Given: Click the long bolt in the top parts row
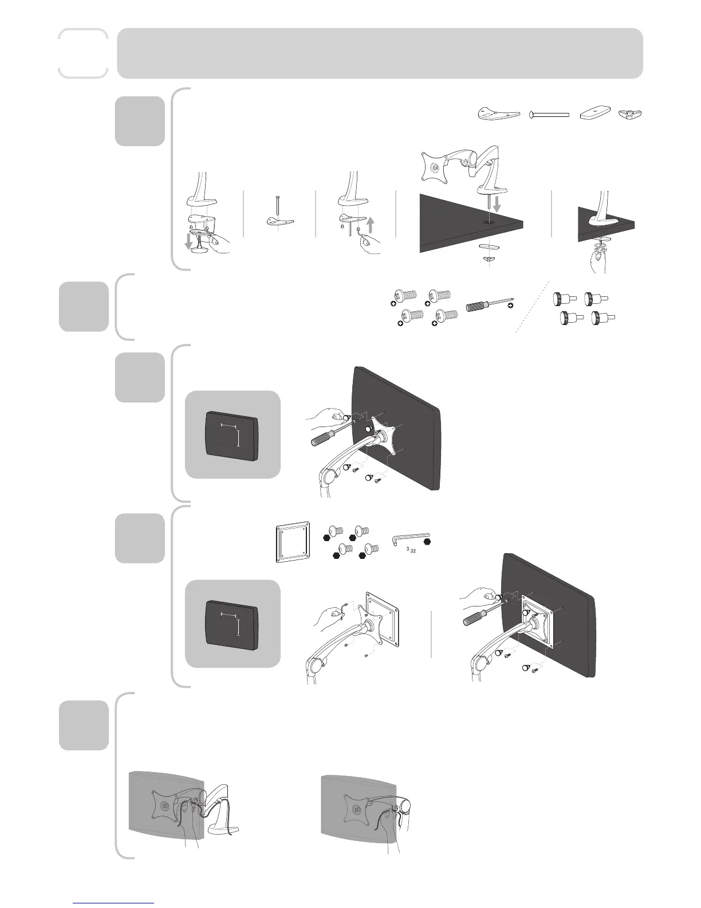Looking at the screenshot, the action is (x=550, y=115).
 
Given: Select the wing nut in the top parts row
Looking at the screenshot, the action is (x=631, y=115).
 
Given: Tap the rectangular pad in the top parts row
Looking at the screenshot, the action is (x=594, y=115).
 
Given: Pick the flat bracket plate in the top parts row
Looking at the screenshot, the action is (x=498, y=114).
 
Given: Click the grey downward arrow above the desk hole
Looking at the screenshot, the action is (x=497, y=202).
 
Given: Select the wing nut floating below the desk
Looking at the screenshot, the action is (x=487, y=260).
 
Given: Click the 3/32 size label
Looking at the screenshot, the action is (x=409, y=551).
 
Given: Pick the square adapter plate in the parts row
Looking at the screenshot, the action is (x=293, y=542).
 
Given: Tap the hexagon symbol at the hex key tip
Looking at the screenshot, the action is (x=427, y=539).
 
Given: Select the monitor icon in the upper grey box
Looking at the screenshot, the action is (x=233, y=435).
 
